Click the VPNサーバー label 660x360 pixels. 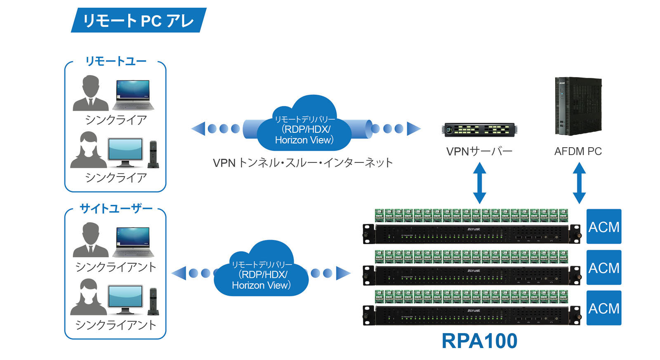coord(479,151)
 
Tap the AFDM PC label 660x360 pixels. coord(577,151)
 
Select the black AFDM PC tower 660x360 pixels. coord(577,106)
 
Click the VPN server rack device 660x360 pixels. coord(479,129)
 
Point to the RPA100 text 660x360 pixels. coord(479,341)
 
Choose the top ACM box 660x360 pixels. coord(603,226)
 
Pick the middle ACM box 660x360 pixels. coord(603,267)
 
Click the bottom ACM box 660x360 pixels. coord(603,308)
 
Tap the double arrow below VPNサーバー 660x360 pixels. coord(479,183)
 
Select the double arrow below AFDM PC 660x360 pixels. coord(579,183)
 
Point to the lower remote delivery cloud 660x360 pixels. coord(261,270)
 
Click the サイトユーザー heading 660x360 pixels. coord(116,209)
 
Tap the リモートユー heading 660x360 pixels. coord(116,61)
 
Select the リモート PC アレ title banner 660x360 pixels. coord(138,20)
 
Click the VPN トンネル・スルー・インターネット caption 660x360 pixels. coord(303,163)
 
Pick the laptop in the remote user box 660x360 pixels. coord(133,95)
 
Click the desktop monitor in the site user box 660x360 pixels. coord(125,299)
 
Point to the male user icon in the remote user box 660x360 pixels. coord(91,93)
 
